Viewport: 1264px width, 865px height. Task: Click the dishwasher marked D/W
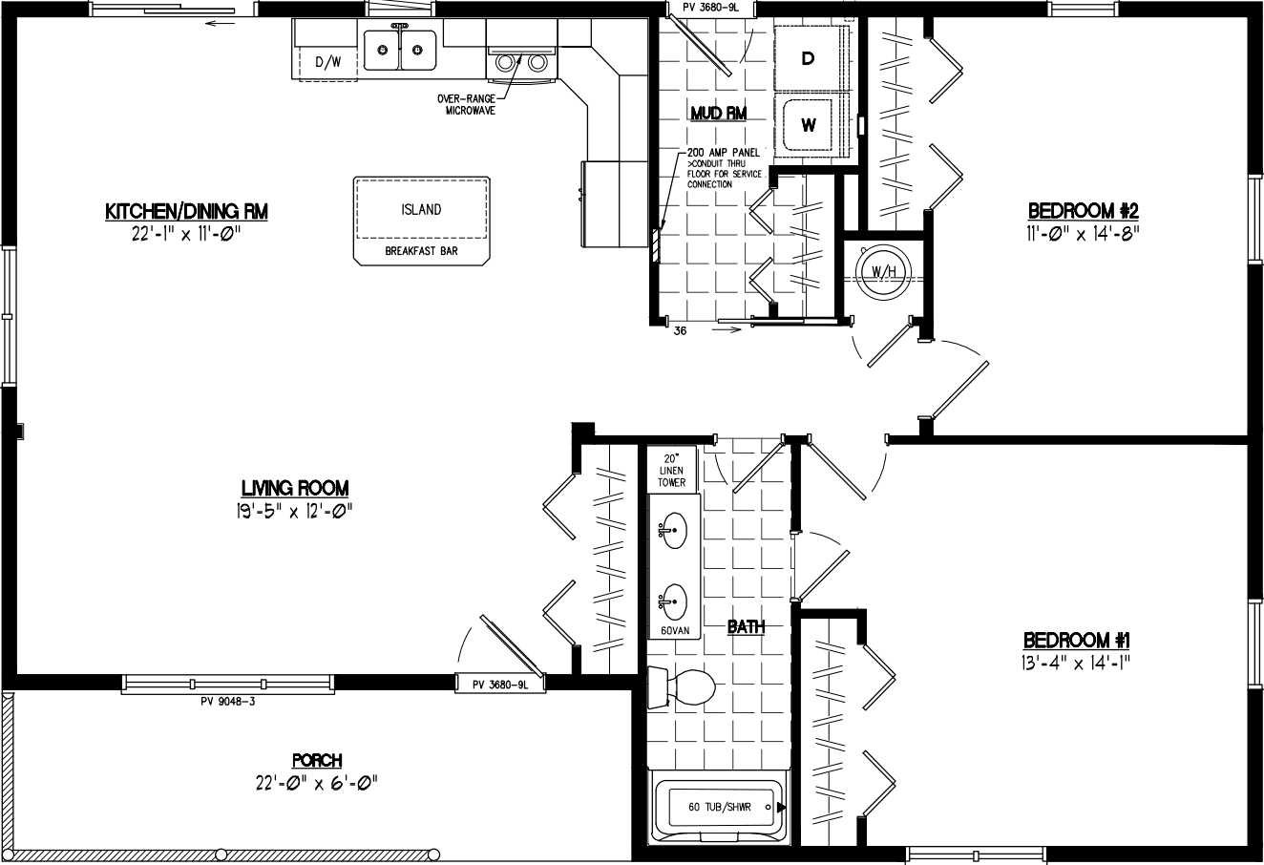click(x=327, y=63)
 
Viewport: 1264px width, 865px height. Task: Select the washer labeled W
click(x=808, y=124)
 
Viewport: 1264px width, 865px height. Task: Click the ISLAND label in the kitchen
click(x=420, y=210)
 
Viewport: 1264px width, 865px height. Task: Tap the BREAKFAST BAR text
click(x=420, y=252)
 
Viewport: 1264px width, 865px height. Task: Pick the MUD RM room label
click(x=718, y=114)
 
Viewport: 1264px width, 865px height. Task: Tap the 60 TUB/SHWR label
click(x=719, y=807)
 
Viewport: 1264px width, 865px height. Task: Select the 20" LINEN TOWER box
click(x=672, y=470)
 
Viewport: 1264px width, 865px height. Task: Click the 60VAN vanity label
click(x=674, y=631)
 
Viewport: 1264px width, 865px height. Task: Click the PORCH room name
click(x=317, y=761)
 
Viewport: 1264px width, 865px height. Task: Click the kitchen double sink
click(x=401, y=50)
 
